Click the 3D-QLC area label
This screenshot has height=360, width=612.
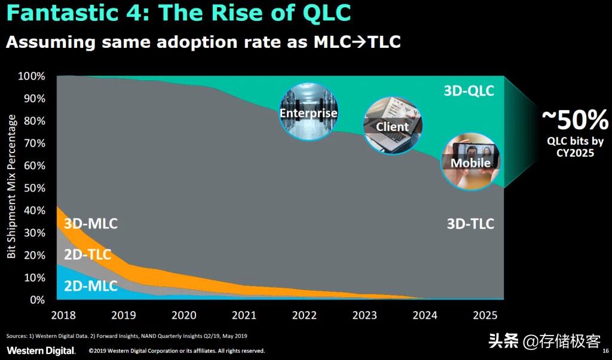(469, 91)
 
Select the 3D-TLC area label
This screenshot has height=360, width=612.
(470, 224)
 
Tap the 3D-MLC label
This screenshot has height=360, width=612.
(90, 224)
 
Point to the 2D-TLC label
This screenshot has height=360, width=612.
(87, 255)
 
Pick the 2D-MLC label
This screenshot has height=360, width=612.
(90, 286)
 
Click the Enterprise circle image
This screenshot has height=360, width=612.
(308, 112)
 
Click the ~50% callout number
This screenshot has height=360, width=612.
(574, 120)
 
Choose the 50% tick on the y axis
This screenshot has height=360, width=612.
(35, 188)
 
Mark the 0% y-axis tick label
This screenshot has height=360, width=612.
(37, 300)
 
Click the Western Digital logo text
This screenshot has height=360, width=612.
(41, 350)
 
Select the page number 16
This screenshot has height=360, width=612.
(605, 351)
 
